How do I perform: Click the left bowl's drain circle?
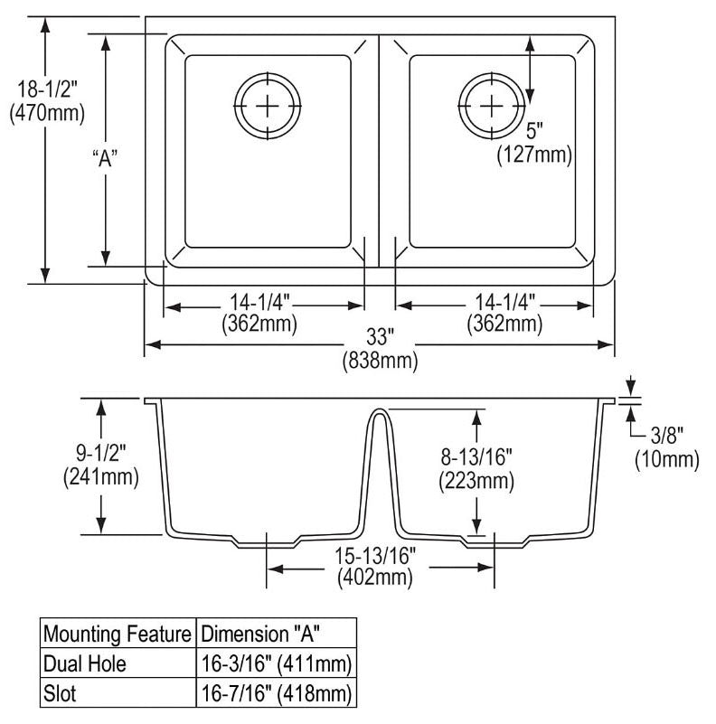click(x=268, y=73)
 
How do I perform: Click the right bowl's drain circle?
click(x=492, y=73)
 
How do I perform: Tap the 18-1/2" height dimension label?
click(x=47, y=101)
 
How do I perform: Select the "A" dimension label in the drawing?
click(x=106, y=159)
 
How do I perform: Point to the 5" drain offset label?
click(x=534, y=143)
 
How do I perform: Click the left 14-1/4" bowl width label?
click(x=259, y=313)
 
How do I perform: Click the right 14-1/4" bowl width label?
click(x=504, y=313)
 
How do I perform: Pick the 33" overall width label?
click(x=381, y=349)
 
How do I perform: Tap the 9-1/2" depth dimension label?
click(x=101, y=465)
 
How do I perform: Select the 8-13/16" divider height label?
click(x=476, y=469)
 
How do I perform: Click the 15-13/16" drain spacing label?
click(x=375, y=566)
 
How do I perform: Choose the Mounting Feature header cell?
click(x=117, y=634)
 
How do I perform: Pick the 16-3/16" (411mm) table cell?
click(x=277, y=664)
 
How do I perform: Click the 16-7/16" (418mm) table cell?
click(x=277, y=693)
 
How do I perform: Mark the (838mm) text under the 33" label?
click(x=381, y=361)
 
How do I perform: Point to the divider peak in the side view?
click(x=380, y=409)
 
